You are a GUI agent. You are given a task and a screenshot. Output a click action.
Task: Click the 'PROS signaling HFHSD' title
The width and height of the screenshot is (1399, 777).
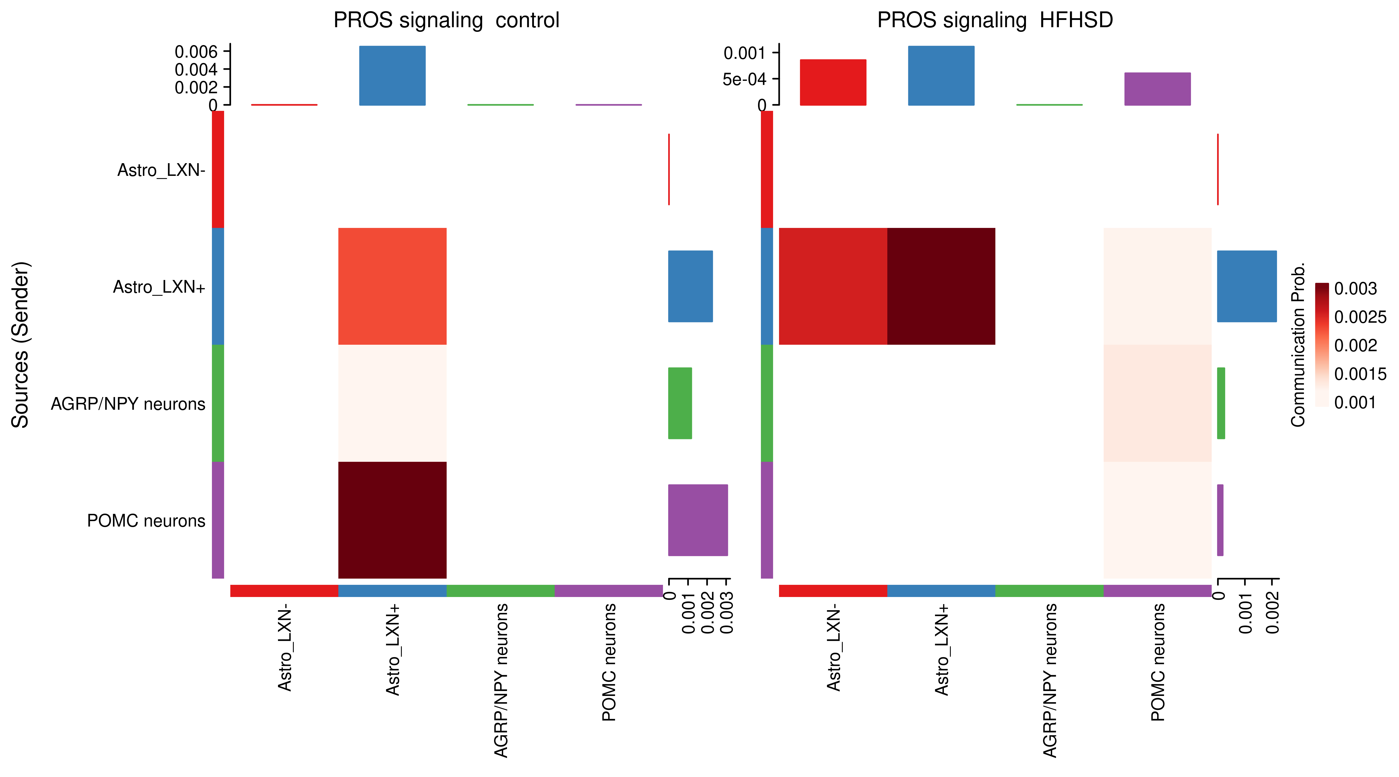pos(995,20)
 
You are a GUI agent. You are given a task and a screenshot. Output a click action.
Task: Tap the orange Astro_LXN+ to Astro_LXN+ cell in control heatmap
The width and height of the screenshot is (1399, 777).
pos(392,286)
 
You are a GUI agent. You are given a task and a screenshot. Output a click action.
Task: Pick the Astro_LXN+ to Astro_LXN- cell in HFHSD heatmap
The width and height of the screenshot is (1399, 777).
pos(833,286)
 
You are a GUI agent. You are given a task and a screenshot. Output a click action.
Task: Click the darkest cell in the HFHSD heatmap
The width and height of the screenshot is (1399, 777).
pos(941,286)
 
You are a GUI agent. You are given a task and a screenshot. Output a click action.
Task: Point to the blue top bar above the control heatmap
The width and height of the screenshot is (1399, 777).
pos(392,75)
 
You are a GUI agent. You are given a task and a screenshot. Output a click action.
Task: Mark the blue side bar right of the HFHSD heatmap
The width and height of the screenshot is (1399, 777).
pos(1246,286)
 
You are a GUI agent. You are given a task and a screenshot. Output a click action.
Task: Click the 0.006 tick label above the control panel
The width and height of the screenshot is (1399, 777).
pos(196,52)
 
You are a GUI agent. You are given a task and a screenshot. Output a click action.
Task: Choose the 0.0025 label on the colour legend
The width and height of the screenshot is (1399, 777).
pos(1360,317)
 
